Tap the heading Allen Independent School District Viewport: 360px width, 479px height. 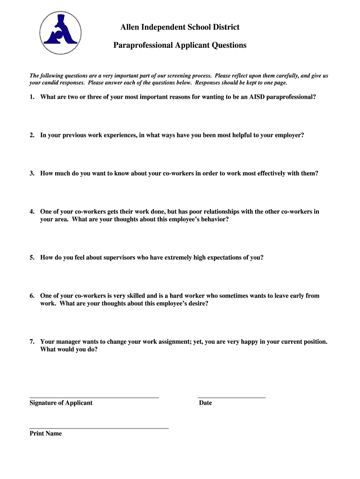point(180,27)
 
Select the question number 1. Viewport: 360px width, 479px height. point(32,97)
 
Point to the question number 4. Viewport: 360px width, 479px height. point(32,211)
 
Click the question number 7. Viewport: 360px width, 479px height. point(32,341)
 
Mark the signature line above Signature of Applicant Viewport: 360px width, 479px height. point(94,397)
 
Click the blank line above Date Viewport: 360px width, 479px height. point(231,397)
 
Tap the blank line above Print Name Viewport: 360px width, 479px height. point(99,428)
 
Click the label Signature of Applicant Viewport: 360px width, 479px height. point(61,403)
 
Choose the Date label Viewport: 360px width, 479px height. point(205,403)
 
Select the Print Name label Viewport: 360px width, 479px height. point(45,434)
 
